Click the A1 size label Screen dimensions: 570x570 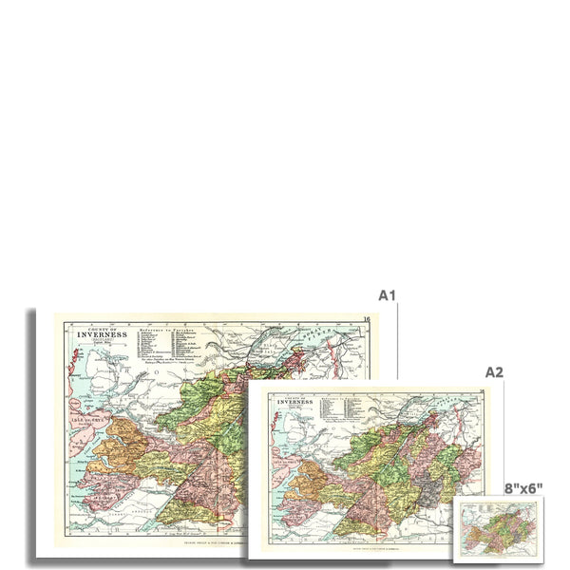(x=386, y=295)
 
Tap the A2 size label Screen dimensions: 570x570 (x=494, y=372)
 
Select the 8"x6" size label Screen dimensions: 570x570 (x=523, y=488)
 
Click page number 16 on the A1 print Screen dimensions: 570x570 (x=367, y=318)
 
